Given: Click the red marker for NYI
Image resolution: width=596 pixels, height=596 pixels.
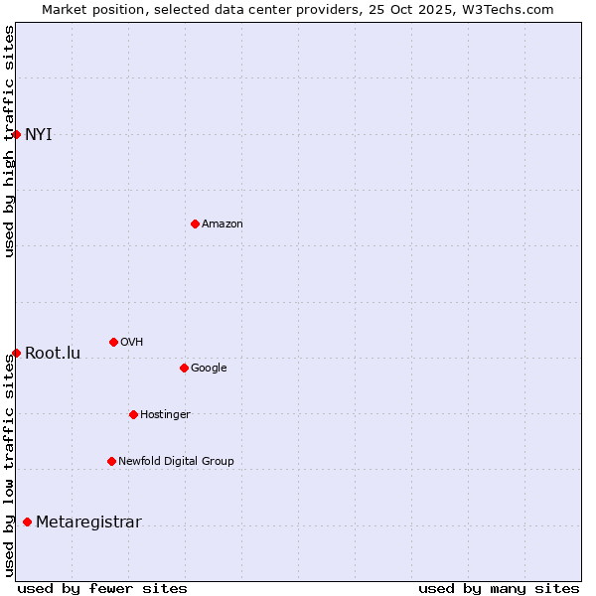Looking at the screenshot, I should [16, 134].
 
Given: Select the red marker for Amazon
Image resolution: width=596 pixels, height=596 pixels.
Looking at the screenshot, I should [195, 223].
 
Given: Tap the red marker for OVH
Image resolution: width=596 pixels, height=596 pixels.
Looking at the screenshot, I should [113, 342].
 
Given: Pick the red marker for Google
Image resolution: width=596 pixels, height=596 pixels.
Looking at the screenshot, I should [184, 368].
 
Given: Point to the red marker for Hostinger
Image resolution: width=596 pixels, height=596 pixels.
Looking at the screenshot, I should [133, 414].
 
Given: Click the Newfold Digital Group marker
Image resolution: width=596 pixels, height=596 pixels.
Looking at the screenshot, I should [111, 461].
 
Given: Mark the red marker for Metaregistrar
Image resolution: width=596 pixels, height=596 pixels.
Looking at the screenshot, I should [27, 521].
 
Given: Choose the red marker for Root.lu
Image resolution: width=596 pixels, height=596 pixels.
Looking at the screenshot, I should [16, 353].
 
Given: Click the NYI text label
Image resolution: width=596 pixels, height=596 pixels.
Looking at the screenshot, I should [39, 135].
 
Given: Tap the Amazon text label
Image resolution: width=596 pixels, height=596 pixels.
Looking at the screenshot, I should [223, 224].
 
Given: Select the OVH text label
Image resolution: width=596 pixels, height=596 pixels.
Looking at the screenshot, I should [132, 343].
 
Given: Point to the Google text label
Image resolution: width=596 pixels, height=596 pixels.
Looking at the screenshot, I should [209, 369].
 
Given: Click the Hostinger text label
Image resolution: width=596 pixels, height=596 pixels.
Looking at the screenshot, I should [165, 415].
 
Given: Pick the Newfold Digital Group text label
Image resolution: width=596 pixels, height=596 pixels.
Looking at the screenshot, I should [176, 462].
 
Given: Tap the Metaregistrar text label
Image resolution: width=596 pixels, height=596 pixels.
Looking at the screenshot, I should [88, 522].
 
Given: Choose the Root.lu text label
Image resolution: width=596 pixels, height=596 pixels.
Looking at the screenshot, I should [53, 354].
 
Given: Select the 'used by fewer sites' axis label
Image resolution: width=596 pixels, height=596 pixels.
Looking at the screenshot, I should [102, 588].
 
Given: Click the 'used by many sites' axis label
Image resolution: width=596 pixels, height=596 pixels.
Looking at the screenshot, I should [499, 588].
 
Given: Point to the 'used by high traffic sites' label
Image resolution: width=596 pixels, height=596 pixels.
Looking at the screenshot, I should [9, 141].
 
